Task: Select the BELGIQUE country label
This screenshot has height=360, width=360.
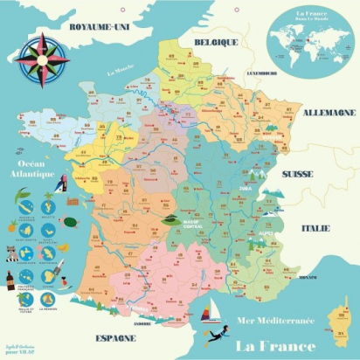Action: tap(216, 41)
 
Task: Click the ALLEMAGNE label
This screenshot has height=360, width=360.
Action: tap(328, 113)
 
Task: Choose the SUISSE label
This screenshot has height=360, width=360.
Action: tap(297, 174)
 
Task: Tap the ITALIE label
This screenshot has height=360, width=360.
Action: tap(316, 228)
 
